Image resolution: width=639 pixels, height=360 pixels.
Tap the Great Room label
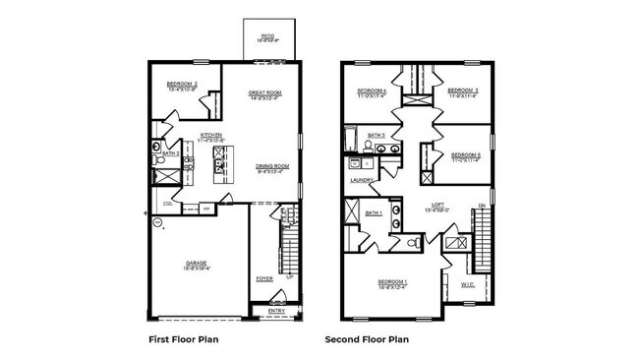click(x=265, y=94)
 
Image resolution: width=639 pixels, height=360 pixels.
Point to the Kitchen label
click(x=211, y=137)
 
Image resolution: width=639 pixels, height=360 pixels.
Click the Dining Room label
click(x=272, y=167)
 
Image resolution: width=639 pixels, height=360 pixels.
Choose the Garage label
click(x=197, y=265)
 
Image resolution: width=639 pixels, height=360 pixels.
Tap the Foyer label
click(x=264, y=278)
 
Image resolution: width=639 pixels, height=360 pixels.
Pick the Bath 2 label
click(x=171, y=154)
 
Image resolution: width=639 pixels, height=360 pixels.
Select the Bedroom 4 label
click(x=373, y=91)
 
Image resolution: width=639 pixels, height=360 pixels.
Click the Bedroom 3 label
click(x=463, y=91)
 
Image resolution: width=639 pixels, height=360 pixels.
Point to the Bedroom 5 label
click(x=465, y=155)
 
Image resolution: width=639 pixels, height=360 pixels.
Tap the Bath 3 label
click(x=376, y=135)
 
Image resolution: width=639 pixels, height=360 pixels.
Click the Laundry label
click(x=360, y=180)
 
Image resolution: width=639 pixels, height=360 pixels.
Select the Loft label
click(x=437, y=207)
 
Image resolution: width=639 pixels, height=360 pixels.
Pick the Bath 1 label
click(x=374, y=212)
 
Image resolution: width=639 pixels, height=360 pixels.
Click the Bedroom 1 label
click(x=393, y=283)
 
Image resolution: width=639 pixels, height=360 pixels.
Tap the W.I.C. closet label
click(x=467, y=285)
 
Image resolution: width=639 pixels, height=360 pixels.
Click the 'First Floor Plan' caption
click(x=183, y=339)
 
